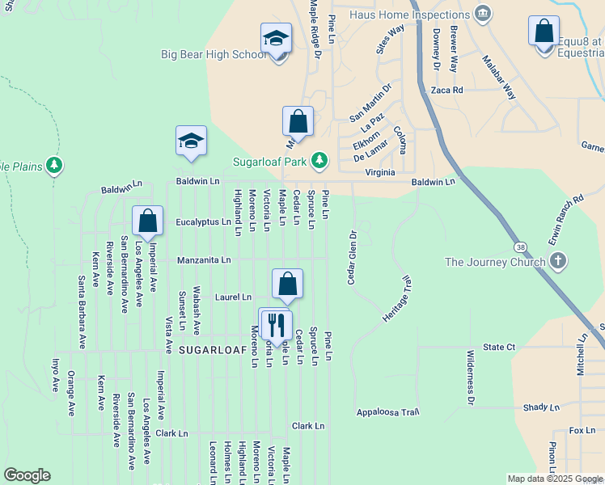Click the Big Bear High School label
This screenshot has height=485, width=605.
click(x=214, y=55)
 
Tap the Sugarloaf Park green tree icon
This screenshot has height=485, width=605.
click(x=320, y=160)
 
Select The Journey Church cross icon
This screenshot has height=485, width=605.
click(x=556, y=261)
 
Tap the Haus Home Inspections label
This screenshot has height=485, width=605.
click(x=412, y=15)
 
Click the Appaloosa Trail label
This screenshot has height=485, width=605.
click(x=388, y=412)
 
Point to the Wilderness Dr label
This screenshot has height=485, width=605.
click(x=470, y=377)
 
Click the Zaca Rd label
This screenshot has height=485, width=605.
click(x=446, y=91)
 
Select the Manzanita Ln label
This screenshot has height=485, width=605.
click(x=205, y=260)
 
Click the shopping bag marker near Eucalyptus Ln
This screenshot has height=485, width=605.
click(x=148, y=221)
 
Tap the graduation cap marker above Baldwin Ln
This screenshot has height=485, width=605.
click(x=192, y=141)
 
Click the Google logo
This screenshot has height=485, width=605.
click(x=27, y=475)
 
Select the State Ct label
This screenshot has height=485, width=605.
click(x=499, y=347)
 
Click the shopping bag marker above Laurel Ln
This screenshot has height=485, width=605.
click(x=288, y=284)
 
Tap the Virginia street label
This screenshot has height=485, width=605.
click(x=380, y=172)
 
